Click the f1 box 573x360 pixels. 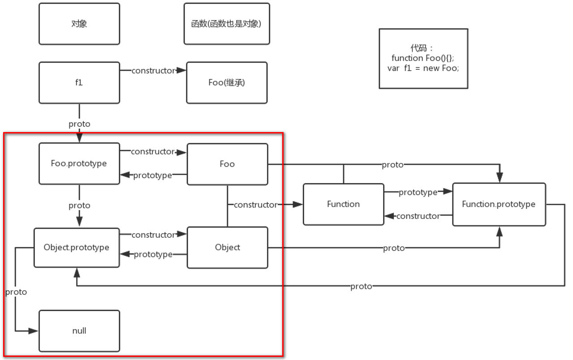pyautogui.click(x=79, y=83)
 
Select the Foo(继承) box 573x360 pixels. pyautogui.click(x=227, y=83)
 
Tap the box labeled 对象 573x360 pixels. pyautogui.click(x=79, y=24)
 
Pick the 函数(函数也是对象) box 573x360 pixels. pyautogui.click(x=227, y=24)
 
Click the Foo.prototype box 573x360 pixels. pyautogui.click(x=79, y=163)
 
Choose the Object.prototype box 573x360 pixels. pyautogui.click(x=77, y=248)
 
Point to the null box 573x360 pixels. pyautogui.click(x=79, y=331)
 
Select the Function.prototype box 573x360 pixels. pyautogui.click(x=499, y=204)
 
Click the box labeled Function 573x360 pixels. pyautogui.click(x=343, y=204)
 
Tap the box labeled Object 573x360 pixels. pyautogui.click(x=227, y=248)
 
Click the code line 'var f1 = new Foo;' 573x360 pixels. pyautogui.click(x=423, y=69)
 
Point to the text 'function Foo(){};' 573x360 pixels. pyautogui.click(x=423, y=58)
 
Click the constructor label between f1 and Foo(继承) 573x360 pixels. pyautogui.click(x=153, y=71)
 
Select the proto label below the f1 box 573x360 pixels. pyautogui.click(x=79, y=124)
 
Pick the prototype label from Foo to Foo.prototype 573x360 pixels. pyautogui.click(x=152, y=176)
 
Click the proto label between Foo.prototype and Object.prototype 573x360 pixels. pyautogui.click(x=79, y=206)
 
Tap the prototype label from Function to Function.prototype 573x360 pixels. pyautogui.click(x=418, y=192)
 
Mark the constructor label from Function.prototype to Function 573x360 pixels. pyautogui.click(x=418, y=216)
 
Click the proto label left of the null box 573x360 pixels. pyautogui.click(x=16, y=292)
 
